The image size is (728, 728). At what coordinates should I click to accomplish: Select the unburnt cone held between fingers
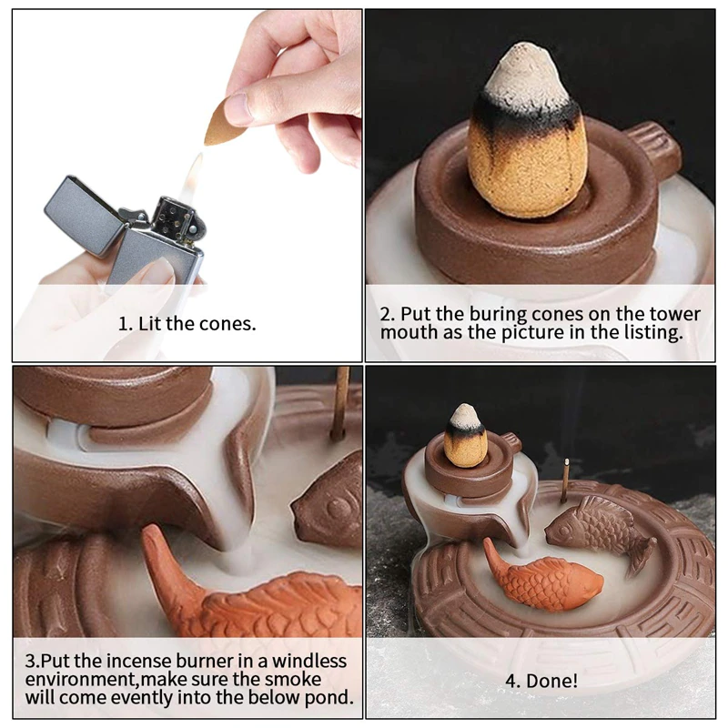[x=222, y=122]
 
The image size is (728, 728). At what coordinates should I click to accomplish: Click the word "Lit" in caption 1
[x=149, y=324]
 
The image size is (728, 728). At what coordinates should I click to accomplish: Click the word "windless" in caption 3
[x=309, y=661]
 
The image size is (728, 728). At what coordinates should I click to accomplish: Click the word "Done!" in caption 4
[x=552, y=681]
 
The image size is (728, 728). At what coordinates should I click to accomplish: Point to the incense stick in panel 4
[x=565, y=481]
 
